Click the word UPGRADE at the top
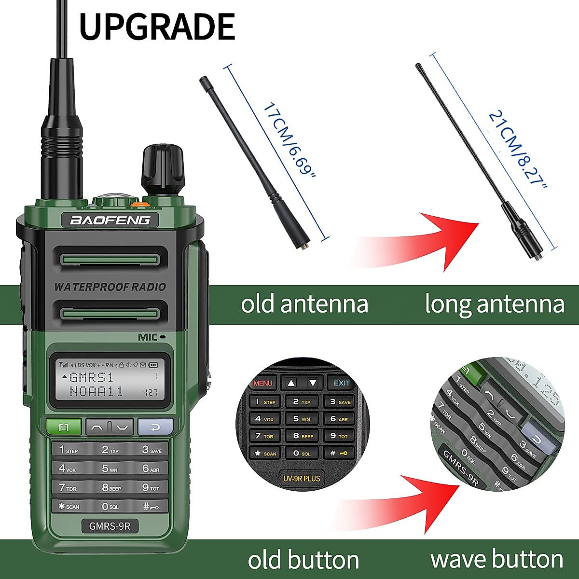point(157,27)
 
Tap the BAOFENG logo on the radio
point(110,221)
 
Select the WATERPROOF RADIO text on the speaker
point(110,287)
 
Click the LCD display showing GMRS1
point(110,379)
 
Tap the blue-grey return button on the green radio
point(155,427)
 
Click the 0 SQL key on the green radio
point(110,507)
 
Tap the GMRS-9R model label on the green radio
point(110,525)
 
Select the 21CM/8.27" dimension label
point(519,150)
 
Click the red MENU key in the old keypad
point(262,383)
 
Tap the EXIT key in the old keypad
point(342,383)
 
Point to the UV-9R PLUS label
point(302,479)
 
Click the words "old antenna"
point(304,304)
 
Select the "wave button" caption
point(496,559)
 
